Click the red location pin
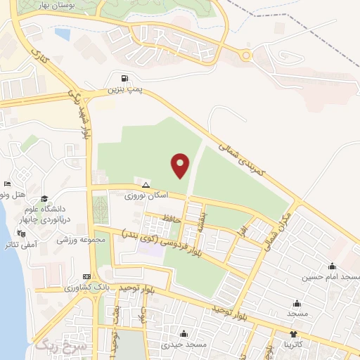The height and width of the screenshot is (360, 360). [181, 165]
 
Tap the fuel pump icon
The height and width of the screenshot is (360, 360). [125, 79]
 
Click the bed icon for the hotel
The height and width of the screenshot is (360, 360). [8, 184]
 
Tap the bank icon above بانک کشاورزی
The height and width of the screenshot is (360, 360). [86, 276]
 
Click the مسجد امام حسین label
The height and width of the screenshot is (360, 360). [331, 278]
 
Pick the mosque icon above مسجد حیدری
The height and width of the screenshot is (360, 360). [184, 333]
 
